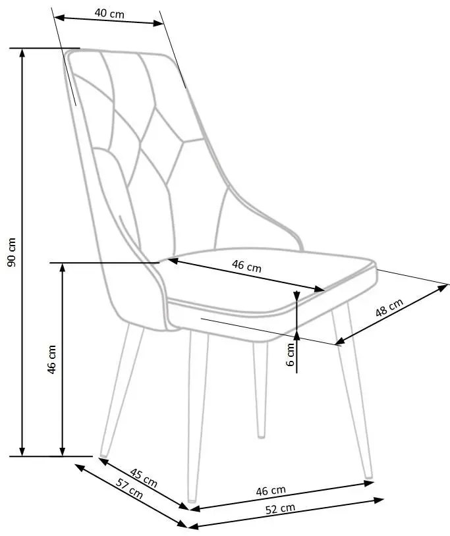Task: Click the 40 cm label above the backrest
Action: (109, 13)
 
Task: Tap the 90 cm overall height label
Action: (11, 252)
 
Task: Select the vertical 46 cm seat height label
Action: (51, 360)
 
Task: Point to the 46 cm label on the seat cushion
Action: (246, 265)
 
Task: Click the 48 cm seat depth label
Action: (389, 308)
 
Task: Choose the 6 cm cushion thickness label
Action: (291, 354)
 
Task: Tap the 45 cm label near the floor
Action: (144, 477)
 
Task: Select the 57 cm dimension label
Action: (129, 489)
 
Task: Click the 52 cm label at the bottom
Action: (281, 508)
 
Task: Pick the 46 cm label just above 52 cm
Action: (271, 491)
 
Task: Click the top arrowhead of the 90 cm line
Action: (22, 53)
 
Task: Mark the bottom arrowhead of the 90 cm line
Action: (22, 451)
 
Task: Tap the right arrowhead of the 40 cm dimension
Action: (159, 23)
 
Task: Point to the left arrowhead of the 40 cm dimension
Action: (59, 17)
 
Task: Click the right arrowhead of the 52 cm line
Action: (379, 500)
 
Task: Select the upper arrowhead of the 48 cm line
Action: (443, 288)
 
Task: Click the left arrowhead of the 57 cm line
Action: (79, 468)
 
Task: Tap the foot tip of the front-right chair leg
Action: (368, 476)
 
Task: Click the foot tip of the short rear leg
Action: (261, 435)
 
